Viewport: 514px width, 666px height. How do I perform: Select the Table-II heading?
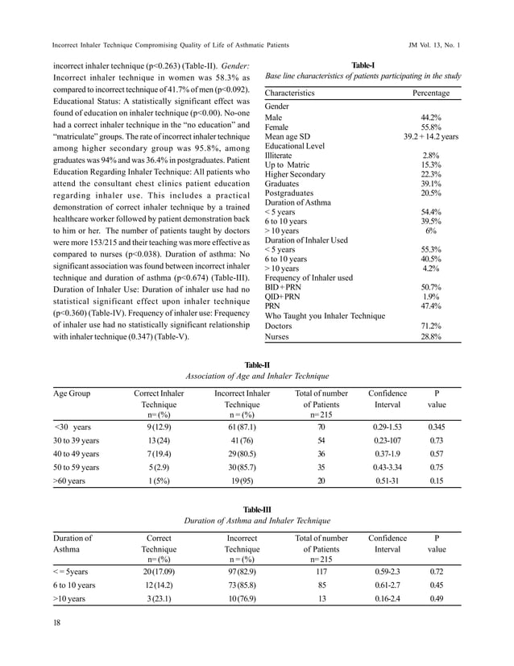256,365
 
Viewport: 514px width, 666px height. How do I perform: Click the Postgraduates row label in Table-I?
290,194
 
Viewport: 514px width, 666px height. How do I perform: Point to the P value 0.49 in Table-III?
437,599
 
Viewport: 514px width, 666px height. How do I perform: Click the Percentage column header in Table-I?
431,94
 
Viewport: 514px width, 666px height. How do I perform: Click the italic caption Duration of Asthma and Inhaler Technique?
256,522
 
